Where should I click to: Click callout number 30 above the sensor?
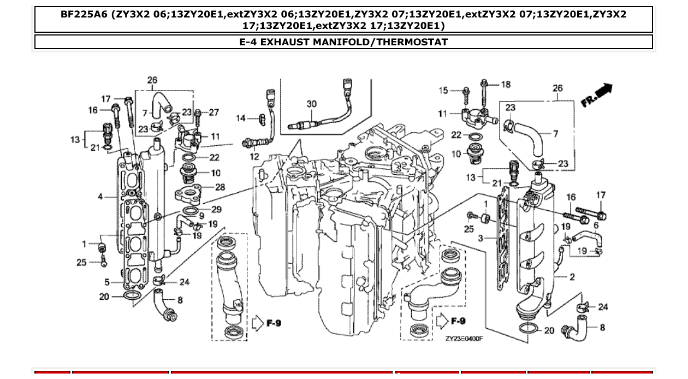(311, 104)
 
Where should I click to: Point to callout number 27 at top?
(213, 112)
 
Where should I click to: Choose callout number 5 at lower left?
(107, 282)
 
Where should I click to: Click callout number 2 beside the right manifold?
(572, 277)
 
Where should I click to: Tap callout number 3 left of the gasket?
(480, 238)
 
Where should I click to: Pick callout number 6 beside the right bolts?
(596, 225)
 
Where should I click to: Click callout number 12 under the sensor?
(255, 157)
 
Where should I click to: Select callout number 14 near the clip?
(241, 119)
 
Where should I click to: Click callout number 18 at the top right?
(506, 84)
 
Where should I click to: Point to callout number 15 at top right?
(443, 91)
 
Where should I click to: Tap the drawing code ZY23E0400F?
(464, 339)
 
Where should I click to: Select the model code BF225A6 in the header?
(84, 15)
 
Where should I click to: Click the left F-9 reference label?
(273, 323)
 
